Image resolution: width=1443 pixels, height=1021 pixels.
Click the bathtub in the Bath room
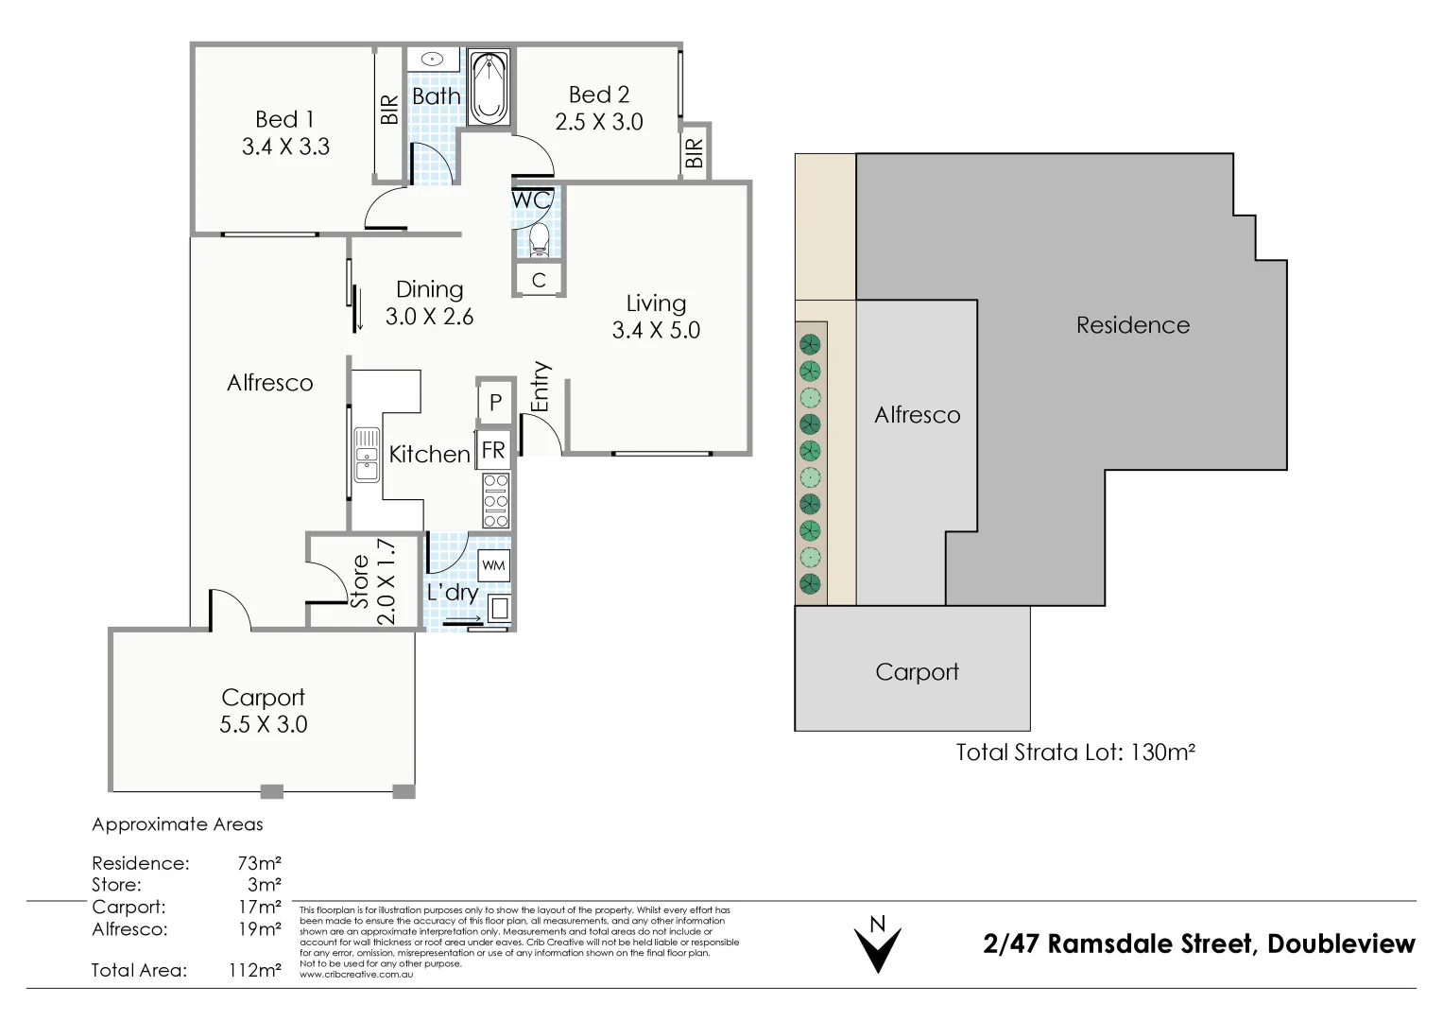[489, 88]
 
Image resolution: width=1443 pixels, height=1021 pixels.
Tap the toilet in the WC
[539, 238]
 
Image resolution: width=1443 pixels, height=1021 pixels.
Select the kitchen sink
[366, 455]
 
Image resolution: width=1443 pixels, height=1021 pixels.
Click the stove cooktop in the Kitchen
[496, 500]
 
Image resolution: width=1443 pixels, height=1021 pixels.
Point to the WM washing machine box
[494, 565]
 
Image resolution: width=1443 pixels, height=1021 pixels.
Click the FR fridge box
[493, 450]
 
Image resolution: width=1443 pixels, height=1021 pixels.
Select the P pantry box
[494, 404]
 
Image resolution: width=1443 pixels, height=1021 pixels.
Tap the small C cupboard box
[539, 280]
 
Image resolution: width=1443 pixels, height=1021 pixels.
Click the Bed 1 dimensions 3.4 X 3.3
[285, 147]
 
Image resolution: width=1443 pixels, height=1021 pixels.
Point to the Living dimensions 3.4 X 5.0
[656, 330]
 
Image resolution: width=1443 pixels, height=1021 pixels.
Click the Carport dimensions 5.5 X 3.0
[263, 724]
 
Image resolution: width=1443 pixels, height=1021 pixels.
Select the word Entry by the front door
[540, 387]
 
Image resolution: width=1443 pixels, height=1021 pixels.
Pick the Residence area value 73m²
[261, 863]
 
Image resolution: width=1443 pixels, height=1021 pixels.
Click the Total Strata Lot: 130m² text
[1075, 753]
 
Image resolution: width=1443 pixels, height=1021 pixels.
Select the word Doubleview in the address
[1341, 943]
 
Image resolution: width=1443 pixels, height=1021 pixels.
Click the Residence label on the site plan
[1132, 325]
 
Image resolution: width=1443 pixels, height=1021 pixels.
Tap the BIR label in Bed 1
[389, 111]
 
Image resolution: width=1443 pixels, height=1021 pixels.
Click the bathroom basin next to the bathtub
[432, 59]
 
